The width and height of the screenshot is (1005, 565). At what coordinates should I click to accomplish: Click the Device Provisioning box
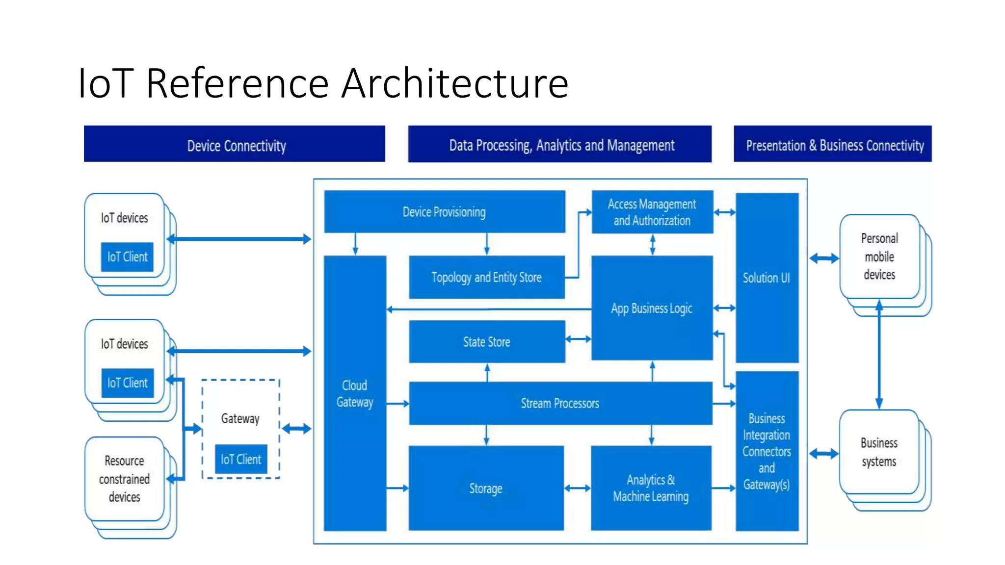point(444,212)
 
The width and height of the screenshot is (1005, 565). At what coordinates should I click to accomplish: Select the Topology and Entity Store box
point(486,278)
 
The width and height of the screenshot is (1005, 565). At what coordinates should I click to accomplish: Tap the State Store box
point(486,342)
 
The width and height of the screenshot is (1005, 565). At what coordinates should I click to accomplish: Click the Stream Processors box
point(560,403)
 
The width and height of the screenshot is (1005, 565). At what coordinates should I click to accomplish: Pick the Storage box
point(486,488)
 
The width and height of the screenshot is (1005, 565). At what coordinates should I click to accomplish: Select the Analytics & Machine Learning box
point(651,488)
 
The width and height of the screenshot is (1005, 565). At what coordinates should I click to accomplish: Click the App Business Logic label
point(652,308)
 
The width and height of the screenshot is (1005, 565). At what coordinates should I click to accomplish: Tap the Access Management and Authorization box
point(652,212)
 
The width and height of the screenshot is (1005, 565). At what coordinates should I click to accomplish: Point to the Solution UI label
point(767,278)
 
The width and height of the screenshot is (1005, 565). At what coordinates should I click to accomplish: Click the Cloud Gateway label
point(355,394)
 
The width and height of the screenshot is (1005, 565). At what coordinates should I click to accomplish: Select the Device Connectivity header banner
point(235,145)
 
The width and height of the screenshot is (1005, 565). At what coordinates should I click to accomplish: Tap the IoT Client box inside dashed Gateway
point(241,460)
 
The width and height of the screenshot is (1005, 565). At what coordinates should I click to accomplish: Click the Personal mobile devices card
point(879,257)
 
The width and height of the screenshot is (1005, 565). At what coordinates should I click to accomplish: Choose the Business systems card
point(879,452)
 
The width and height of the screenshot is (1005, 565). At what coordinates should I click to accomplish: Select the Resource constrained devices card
point(125,479)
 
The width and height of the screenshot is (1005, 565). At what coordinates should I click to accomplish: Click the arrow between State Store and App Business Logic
point(578,339)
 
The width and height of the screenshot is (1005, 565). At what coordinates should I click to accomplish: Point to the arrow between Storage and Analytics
point(577,488)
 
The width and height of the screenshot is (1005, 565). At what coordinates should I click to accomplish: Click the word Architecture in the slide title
point(455,83)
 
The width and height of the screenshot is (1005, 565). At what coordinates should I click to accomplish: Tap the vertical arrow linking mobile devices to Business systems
point(879,358)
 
